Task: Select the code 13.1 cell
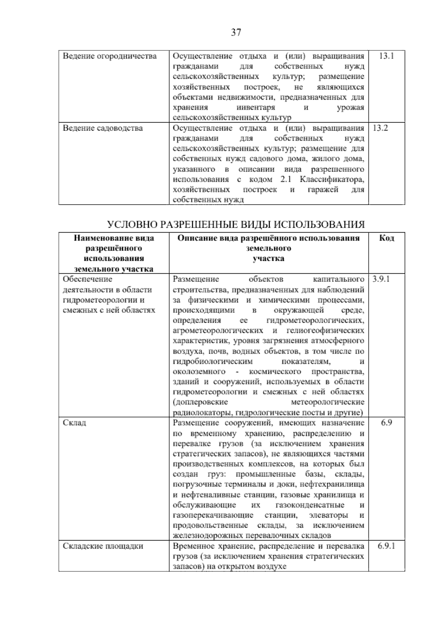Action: coord(386,56)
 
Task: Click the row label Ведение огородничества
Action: coord(110,56)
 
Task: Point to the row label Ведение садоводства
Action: coord(103,128)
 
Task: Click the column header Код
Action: coord(386,238)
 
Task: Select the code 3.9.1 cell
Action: coord(381,279)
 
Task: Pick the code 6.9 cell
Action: coord(386,422)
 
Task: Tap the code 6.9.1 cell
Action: coord(386,546)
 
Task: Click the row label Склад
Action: coord(75,422)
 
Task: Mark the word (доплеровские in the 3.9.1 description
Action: coord(201,402)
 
